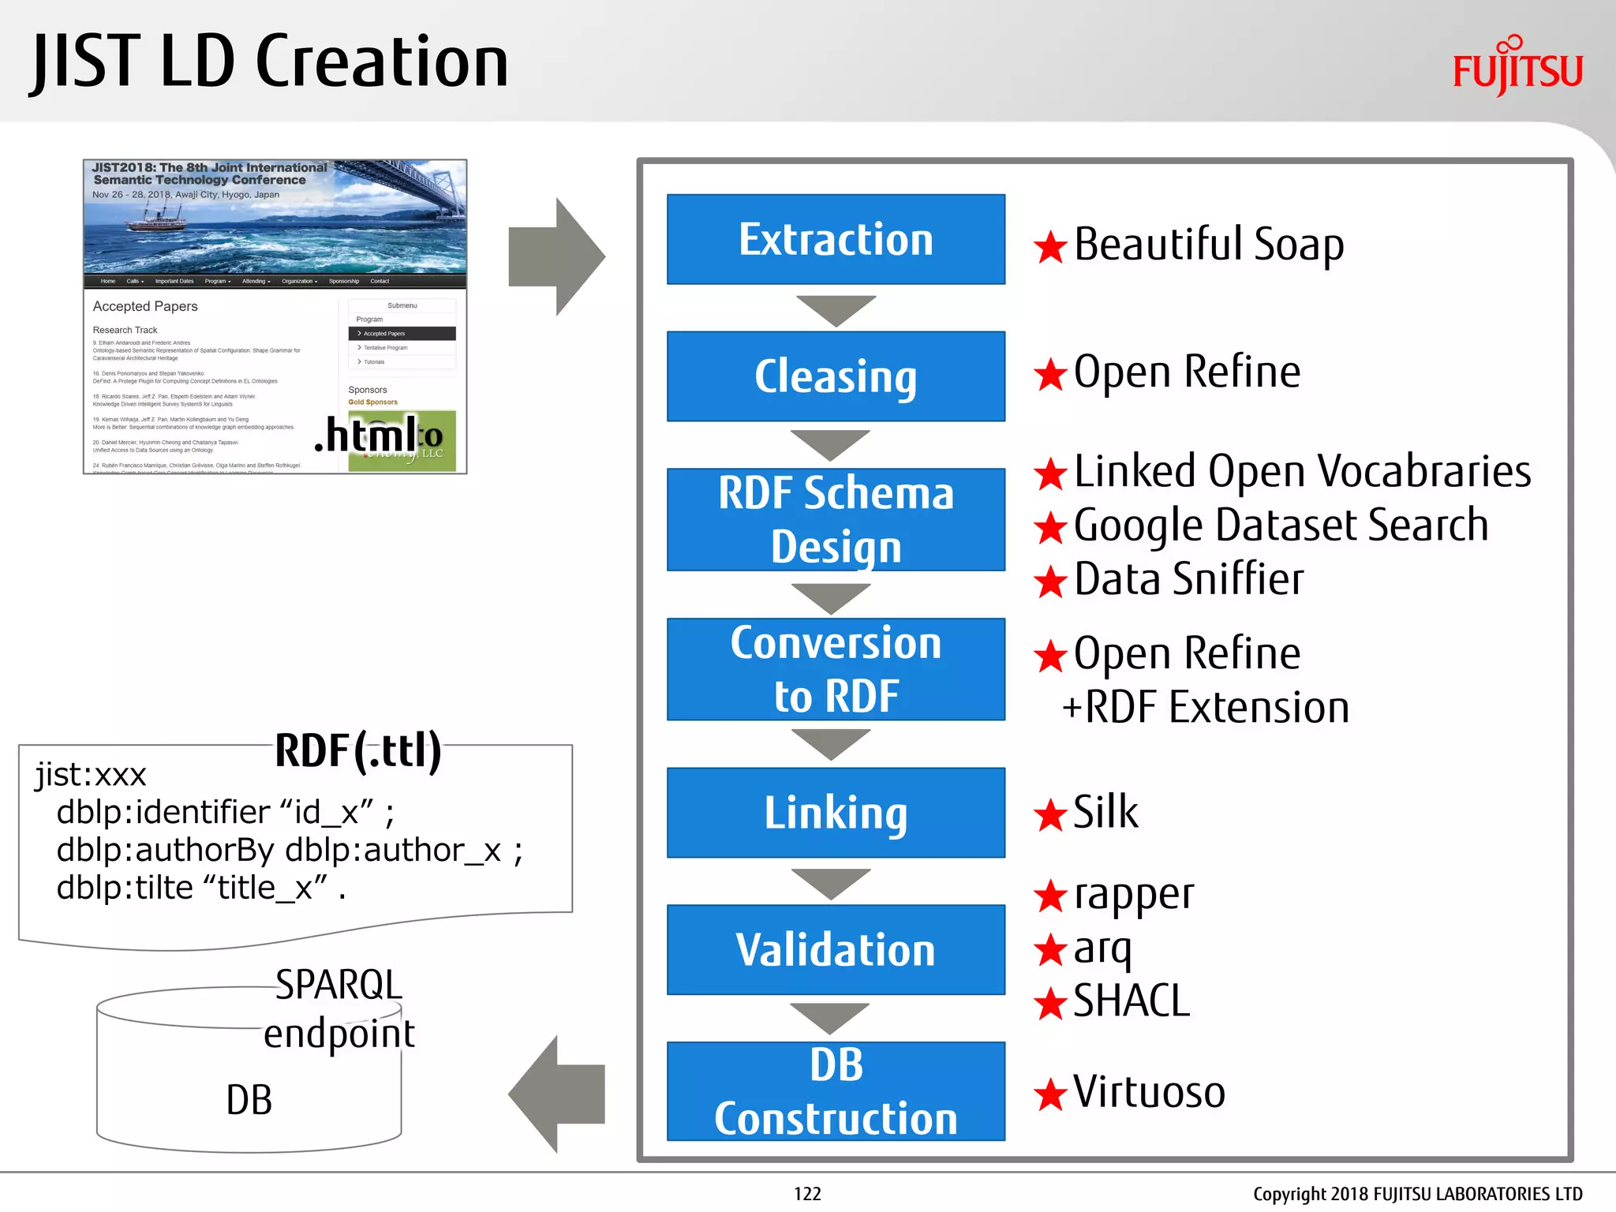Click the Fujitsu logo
pyautogui.click(x=1517, y=67)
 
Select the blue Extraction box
pyautogui.click(x=836, y=239)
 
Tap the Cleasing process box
pyautogui.click(x=836, y=376)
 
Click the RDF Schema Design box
pyautogui.click(x=836, y=519)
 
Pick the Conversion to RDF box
pyautogui.click(x=836, y=668)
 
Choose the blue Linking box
pyautogui.click(x=836, y=812)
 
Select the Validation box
pyautogui.click(x=836, y=949)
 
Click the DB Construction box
pyautogui.click(x=836, y=1091)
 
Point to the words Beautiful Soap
pyautogui.click(x=1208, y=245)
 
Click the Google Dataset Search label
pyautogui.click(x=1281, y=526)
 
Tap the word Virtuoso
pyautogui.click(x=1149, y=1092)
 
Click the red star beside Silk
pyautogui.click(x=1050, y=815)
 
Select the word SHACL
pyautogui.click(x=1131, y=1001)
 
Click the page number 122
pyautogui.click(x=807, y=1194)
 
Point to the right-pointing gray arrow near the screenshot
pyautogui.click(x=557, y=257)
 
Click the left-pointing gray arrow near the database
pyautogui.click(x=557, y=1094)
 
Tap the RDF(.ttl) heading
pyautogui.click(x=357, y=750)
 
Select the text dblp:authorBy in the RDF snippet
pyautogui.click(x=165, y=851)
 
